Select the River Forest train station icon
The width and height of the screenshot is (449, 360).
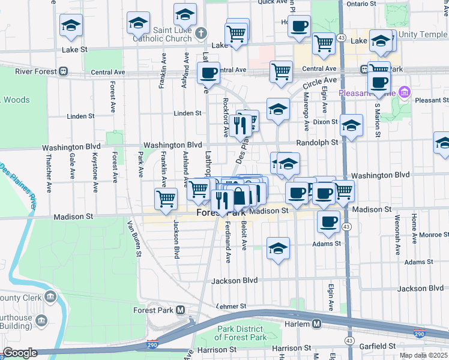coord(63,71)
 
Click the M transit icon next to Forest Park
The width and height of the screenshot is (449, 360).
coord(180,310)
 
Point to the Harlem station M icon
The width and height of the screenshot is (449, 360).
coord(316,324)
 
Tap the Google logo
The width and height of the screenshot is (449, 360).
coord(20,353)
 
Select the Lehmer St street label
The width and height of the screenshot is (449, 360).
coord(231,306)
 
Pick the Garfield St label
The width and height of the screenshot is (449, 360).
coord(375,346)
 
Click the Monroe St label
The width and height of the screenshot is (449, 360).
coord(429,235)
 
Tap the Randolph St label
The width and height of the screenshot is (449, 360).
coord(318,143)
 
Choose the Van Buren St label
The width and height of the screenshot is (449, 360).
coord(133,238)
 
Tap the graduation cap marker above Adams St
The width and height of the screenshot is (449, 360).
coord(278,248)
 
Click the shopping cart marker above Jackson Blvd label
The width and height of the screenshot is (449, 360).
coord(166,199)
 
